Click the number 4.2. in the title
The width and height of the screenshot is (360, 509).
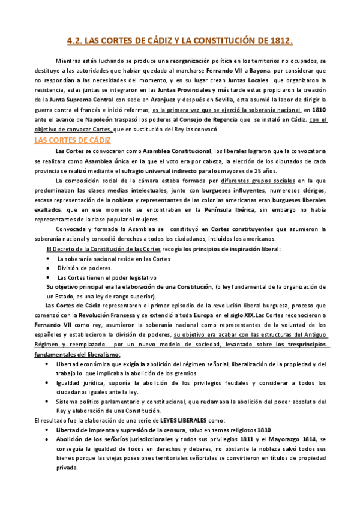[75, 41]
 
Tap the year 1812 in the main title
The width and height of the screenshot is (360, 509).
[280, 41]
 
